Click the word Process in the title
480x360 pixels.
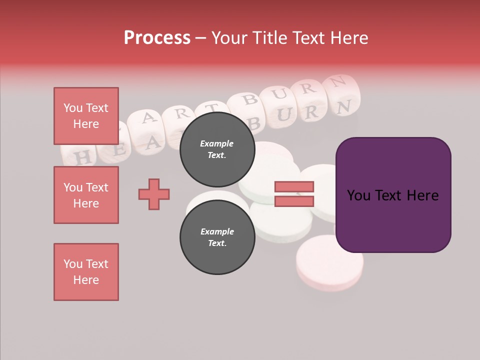157,38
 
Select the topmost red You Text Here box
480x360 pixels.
86,116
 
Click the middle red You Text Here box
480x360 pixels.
86,195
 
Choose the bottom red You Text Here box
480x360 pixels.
86,272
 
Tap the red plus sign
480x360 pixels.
154,194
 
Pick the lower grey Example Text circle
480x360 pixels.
217,237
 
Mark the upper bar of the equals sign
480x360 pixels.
294,186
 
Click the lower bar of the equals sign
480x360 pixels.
294,201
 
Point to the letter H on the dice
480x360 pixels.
83,157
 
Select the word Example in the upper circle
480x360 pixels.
217,143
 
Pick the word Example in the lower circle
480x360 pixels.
217,231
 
